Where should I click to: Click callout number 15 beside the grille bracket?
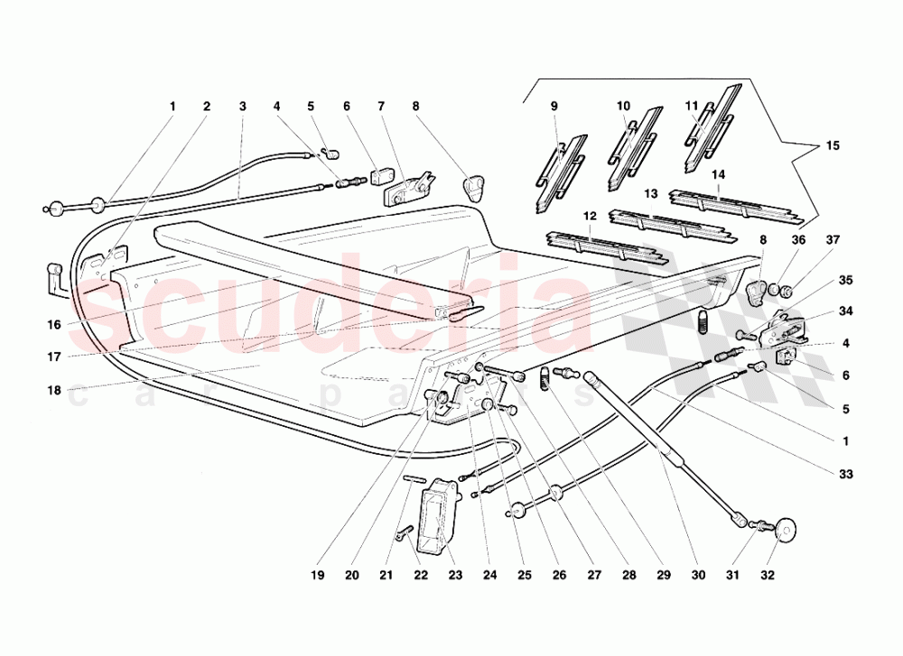pos(833,145)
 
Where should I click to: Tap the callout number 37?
pos(833,240)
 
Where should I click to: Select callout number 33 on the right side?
pos(845,475)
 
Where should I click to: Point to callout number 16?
pos(53,325)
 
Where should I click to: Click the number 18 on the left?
pos(53,391)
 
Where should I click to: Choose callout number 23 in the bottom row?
pos(455,575)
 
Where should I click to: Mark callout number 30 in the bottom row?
pos(698,575)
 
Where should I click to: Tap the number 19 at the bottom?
pos(317,575)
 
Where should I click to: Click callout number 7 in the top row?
pos(381,106)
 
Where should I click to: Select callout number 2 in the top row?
pos(207,106)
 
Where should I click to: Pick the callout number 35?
pos(845,281)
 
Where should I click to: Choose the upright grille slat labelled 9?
pos(561,174)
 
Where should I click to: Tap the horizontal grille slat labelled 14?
pos(736,205)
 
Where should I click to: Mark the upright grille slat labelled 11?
pos(712,129)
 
